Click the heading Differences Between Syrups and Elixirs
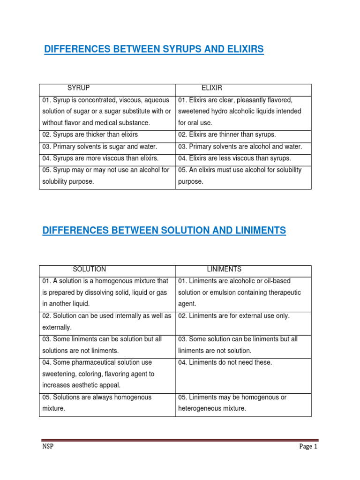coord(154,49)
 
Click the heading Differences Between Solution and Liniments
coord(164,230)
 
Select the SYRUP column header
coord(78,88)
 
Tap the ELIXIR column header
coord(212,88)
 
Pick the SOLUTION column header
coord(90,269)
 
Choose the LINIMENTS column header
coord(225,269)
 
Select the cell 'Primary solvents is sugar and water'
coord(99,147)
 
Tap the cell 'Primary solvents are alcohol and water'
coord(240,147)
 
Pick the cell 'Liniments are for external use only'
coord(234,316)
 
